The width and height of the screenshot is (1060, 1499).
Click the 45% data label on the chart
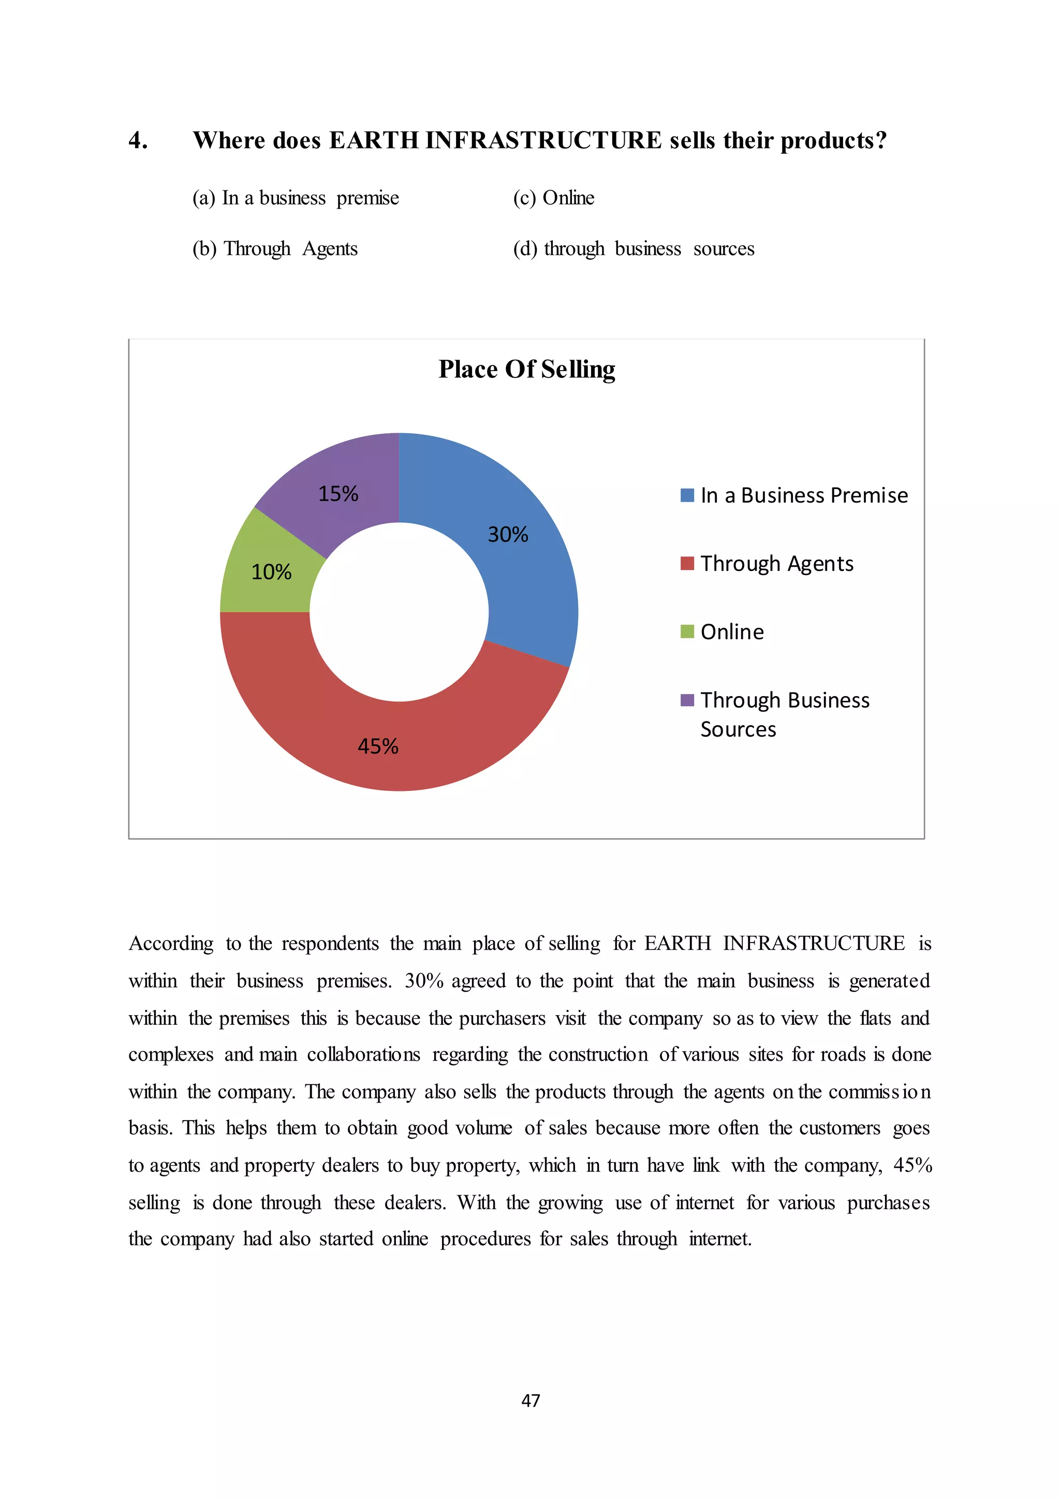click(x=378, y=746)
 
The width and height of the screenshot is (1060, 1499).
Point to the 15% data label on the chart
click(x=338, y=494)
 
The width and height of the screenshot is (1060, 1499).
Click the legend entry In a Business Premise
click(x=803, y=495)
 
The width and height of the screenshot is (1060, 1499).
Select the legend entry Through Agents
click(x=776, y=564)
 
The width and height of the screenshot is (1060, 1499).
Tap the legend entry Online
click(x=732, y=632)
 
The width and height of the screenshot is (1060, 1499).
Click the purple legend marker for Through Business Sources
click(x=687, y=700)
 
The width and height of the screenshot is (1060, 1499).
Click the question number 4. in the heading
click(x=138, y=141)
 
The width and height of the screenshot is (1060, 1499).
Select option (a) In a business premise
click(x=295, y=198)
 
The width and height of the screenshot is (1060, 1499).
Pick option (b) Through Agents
click(x=275, y=249)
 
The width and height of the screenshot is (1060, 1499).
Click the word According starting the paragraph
click(x=171, y=944)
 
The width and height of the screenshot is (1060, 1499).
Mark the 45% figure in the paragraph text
click(x=912, y=1165)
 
